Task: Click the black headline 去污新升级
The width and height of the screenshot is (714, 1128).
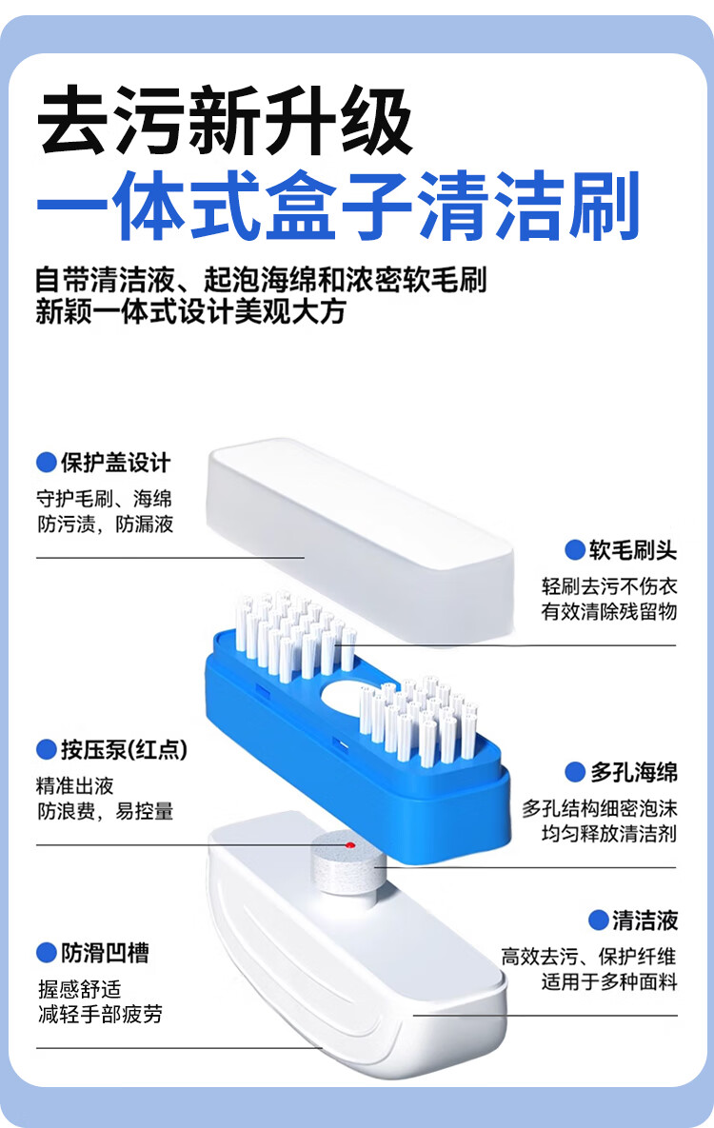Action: pyautogui.click(x=226, y=121)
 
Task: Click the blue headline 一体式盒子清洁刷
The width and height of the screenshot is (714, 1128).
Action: pyautogui.click(x=337, y=205)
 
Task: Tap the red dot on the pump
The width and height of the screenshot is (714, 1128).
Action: pyautogui.click(x=349, y=844)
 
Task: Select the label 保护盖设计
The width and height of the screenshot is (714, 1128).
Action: pyautogui.click(x=115, y=463)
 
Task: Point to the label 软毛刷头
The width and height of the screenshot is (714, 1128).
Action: pyautogui.click(x=633, y=549)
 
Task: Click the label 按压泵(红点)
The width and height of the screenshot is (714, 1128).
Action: pyautogui.click(x=124, y=749)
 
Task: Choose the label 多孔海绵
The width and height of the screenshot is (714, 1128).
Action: pyautogui.click(x=633, y=772)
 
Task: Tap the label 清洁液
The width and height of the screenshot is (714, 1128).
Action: pyautogui.click(x=645, y=920)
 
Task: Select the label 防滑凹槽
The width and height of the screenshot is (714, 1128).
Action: pyautogui.click(x=105, y=952)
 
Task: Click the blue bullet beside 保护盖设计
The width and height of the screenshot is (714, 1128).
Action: pyautogui.click(x=47, y=463)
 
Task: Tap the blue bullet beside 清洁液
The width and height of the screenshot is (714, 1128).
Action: pyautogui.click(x=598, y=920)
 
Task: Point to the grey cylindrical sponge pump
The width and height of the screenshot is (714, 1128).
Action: pyautogui.click(x=345, y=862)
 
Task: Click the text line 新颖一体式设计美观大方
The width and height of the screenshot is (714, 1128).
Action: pyautogui.click(x=190, y=312)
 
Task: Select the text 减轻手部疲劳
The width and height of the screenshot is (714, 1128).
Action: pyautogui.click(x=100, y=1014)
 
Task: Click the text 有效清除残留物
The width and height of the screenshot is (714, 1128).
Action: pyautogui.click(x=609, y=611)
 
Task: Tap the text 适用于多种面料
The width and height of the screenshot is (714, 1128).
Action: pyautogui.click(x=609, y=981)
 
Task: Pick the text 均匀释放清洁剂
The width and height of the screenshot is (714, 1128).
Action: pyautogui.click(x=609, y=834)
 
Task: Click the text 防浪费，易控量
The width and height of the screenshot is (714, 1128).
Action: pyautogui.click(x=106, y=811)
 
